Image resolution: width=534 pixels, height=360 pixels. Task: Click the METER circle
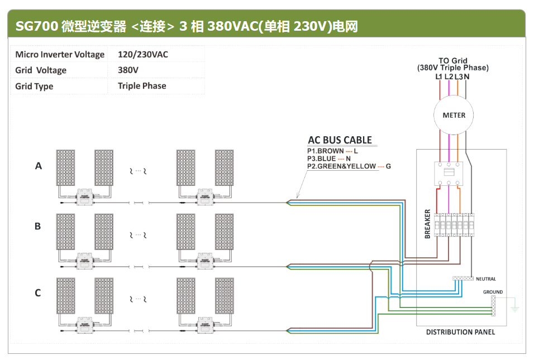(x=454, y=116)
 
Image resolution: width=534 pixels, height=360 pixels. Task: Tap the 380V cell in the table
(x=128, y=70)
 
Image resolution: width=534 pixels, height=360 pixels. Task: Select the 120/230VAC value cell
(x=142, y=55)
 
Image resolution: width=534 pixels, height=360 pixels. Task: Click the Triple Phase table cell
(x=142, y=86)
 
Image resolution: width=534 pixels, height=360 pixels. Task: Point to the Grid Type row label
(x=34, y=86)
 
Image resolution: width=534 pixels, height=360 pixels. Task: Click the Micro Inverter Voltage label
(x=60, y=55)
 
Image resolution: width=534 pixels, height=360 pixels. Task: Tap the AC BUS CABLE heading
(x=340, y=140)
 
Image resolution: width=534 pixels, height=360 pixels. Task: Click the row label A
(x=39, y=166)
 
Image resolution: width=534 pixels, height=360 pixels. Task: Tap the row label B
(x=38, y=226)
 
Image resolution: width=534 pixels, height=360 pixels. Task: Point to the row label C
(x=38, y=292)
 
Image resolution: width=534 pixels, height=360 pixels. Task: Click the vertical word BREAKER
(x=428, y=224)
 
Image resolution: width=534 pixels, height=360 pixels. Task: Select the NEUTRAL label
(x=485, y=279)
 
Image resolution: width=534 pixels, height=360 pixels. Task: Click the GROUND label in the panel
(x=493, y=292)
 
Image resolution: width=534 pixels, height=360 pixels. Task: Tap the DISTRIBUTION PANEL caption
(x=460, y=332)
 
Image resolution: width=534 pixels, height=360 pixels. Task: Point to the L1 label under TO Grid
(x=438, y=76)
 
